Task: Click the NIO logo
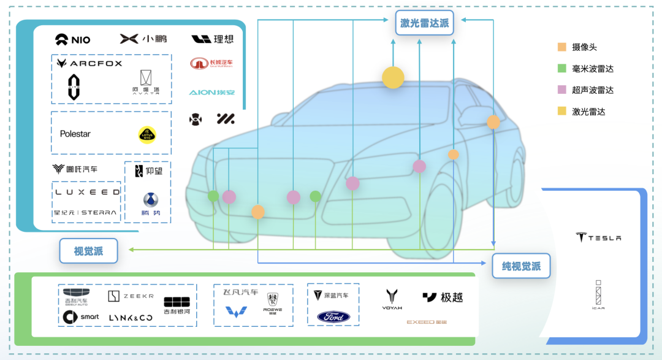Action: tap(73, 40)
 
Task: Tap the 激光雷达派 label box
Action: tap(424, 23)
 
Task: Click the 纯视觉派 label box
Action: tap(521, 266)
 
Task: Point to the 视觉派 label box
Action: tap(88, 251)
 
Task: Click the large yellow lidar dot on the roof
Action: tap(393, 77)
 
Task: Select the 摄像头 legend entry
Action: tap(584, 47)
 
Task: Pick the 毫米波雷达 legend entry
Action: tap(592, 69)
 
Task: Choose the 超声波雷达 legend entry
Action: tap(592, 90)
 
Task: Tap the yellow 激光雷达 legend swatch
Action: tap(562, 111)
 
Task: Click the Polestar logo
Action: tap(75, 134)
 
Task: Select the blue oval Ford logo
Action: tap(333, 317)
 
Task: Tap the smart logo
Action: tap(81, 317)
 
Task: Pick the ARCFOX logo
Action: tap(89, 63)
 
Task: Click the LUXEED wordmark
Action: tap(88, 192)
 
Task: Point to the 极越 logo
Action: tap(443, 297)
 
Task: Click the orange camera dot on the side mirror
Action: tap(493, 122)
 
